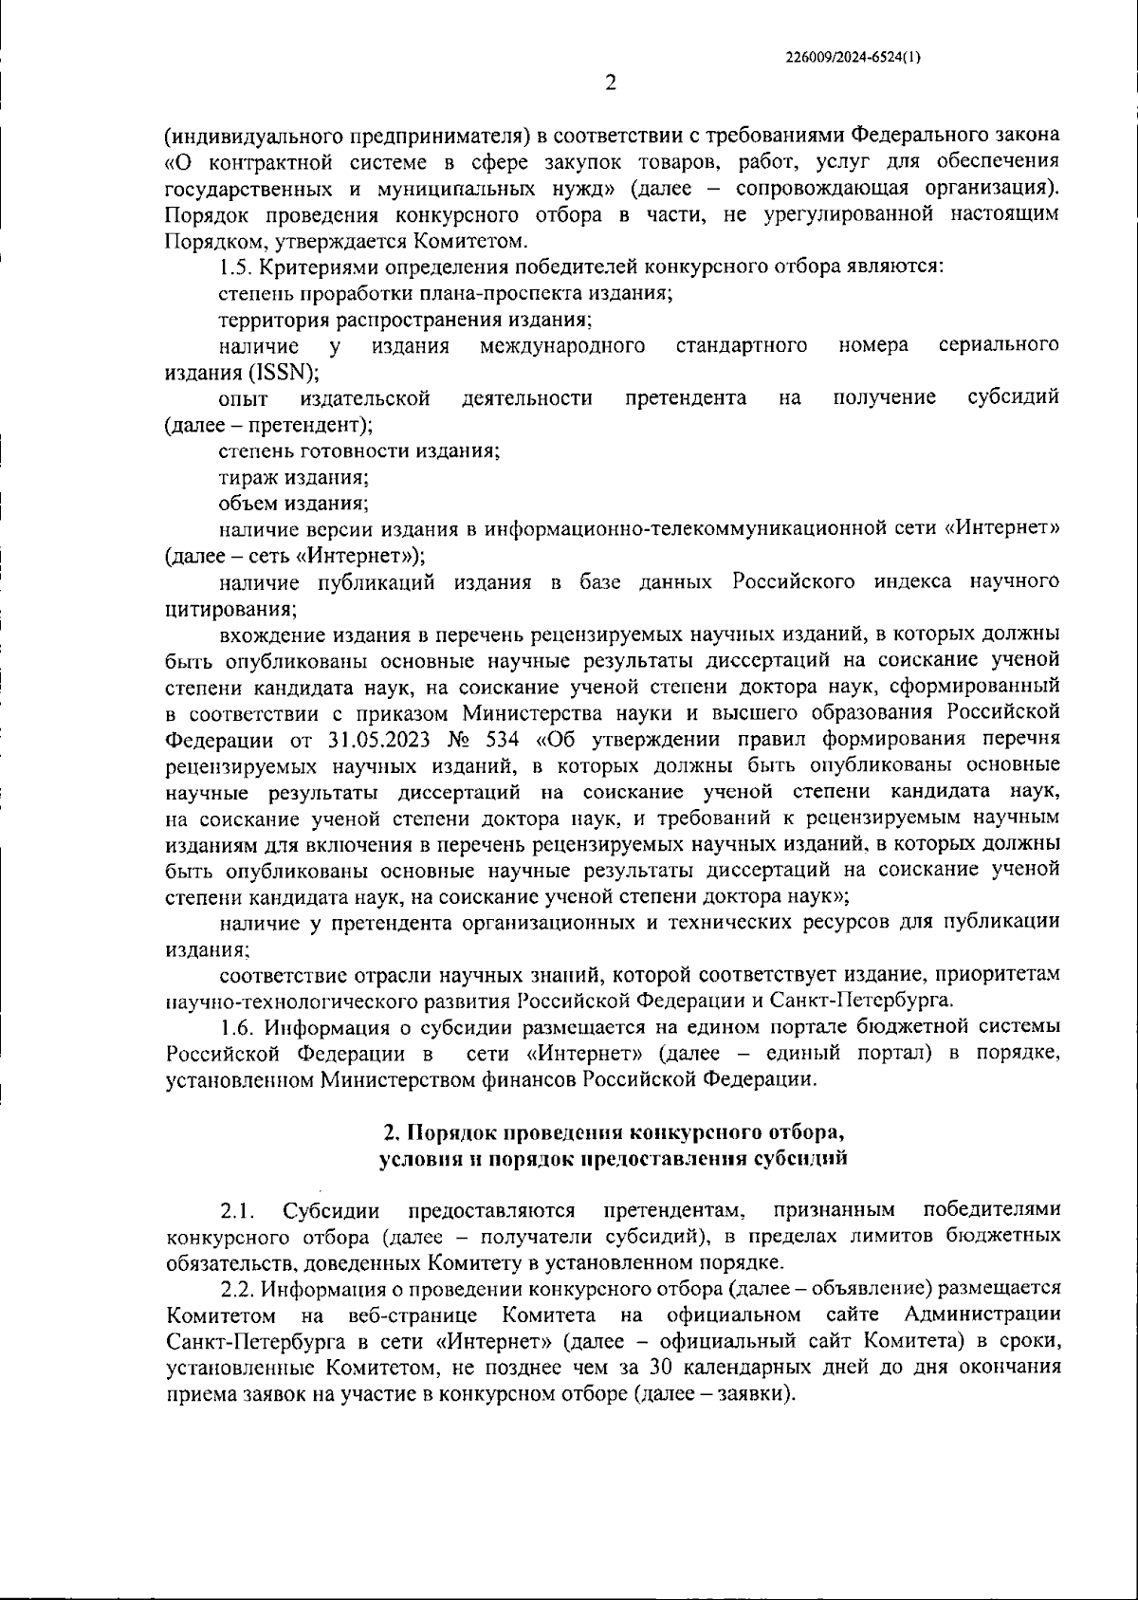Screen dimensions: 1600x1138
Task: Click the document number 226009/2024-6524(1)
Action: click(x=853, y=57)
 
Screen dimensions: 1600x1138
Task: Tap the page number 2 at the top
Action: click(x=611, y=83)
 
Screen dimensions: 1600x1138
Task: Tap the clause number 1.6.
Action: click(x=238, y=1027)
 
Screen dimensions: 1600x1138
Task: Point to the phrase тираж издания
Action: click(x=294, y=478)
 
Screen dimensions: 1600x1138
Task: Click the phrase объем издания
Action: click(x=293, y=504)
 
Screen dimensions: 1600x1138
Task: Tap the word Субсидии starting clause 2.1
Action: click(x=332, y=1211)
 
